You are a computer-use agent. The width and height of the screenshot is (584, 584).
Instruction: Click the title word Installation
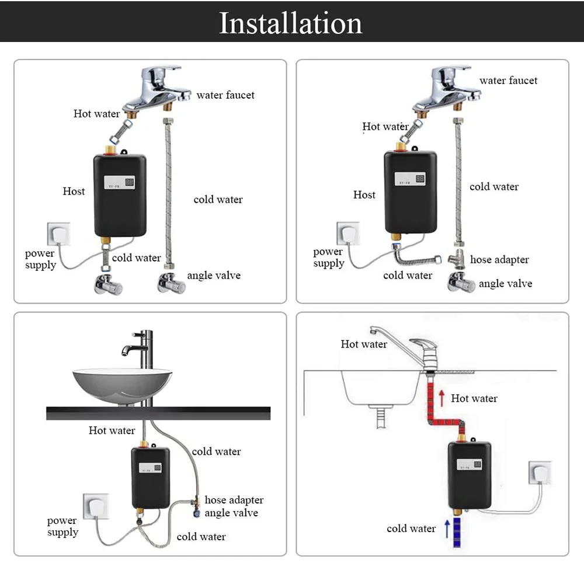pyautogui.click(x=290, y=23)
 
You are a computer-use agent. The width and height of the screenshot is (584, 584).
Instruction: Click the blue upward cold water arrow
pyautogui.click(x=447, y=528)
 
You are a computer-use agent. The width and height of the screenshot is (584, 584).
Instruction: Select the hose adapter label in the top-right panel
pyautogui.click(x=499, y=260)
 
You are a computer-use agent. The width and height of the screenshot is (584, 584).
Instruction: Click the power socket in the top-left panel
pyautogui.click(x=58, y=234)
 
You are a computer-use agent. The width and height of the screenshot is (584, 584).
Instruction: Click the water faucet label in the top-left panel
pyautogui.click(x=225, y=95)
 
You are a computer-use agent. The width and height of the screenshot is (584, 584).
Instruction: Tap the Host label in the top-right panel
pyautogui.click(x=364, y=195)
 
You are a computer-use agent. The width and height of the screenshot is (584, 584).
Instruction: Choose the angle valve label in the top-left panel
pyautogui.click(x=213, y=276)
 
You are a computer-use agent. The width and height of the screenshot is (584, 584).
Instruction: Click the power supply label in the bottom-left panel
pyautogui.click(x=62, y=526)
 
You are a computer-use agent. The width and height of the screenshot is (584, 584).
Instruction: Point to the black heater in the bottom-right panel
pyautogui.click(x=469, y=475)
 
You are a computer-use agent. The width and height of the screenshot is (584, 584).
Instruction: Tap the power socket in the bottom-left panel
pyautogui.click(x=96, y=506)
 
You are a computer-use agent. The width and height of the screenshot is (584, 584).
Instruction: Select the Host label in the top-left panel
pyautogui.click(x=74, y=192)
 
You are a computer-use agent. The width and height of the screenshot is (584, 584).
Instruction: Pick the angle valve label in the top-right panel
pyautogui.click(x=505, y=284)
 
